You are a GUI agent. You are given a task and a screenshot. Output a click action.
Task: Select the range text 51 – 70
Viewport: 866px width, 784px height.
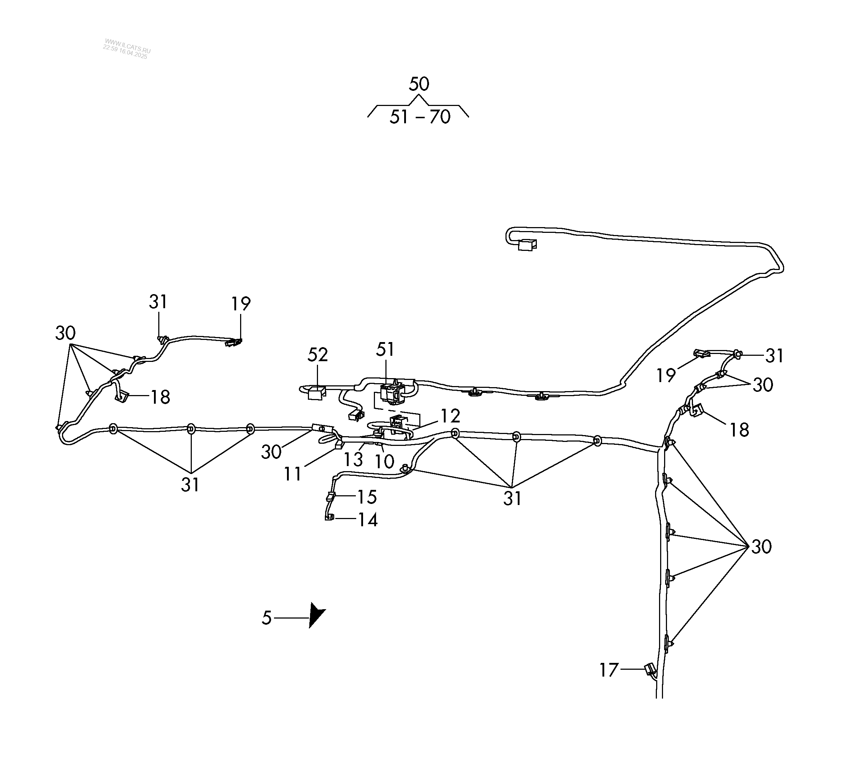[x=420, y=117]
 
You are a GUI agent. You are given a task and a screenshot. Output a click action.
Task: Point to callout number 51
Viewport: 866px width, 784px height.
[x=385, y=350]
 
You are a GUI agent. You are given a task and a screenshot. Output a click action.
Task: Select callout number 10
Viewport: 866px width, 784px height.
[x=384, y=462]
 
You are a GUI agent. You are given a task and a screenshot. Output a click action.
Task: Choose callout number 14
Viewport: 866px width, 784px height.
[x=368, y=520]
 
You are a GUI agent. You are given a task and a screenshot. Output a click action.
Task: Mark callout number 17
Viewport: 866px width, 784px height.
[x=609, y=670]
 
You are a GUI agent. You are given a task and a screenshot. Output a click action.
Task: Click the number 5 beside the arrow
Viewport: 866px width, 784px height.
[x=267, y=618]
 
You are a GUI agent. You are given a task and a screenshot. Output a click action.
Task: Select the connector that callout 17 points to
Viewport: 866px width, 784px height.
[x=650, y=669]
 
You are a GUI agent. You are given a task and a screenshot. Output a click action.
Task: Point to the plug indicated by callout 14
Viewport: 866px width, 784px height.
[x=330, y=517]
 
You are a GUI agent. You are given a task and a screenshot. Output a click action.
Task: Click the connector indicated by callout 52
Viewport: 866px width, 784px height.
[x=316, y=393]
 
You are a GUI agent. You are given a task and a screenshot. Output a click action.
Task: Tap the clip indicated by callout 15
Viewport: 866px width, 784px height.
[x=331, y=497]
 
